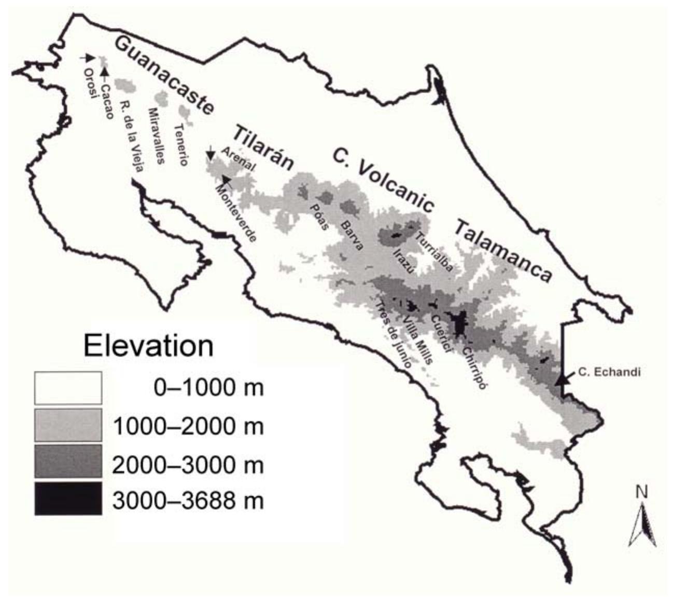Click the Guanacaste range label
163,75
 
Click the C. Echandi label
603,372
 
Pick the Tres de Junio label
394,335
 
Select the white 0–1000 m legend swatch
68,388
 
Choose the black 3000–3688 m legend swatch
68,498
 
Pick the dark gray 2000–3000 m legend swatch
68,462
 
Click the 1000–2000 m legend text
188,426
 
